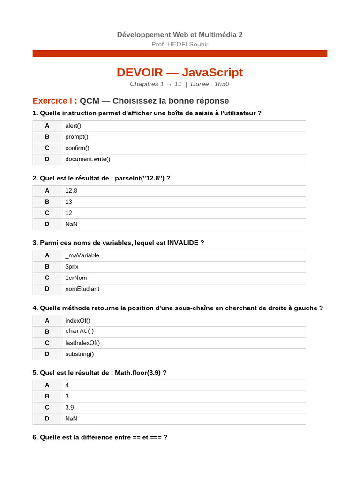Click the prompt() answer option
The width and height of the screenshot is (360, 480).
[77, 137]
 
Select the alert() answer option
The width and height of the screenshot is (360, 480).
[73, 126]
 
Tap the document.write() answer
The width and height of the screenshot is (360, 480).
[88, 159]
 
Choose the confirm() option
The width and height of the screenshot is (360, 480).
[77, 148]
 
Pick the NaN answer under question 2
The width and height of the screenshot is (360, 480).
[71, 224]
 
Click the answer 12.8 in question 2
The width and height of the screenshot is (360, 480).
[71, 191]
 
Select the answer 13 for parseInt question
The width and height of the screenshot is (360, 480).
[69, 202]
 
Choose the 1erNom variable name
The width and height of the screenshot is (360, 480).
[76, 278]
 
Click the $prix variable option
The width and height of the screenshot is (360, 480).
[72, 267]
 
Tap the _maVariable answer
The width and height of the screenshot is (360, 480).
[82, 255]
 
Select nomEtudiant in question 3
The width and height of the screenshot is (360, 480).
[82, 289]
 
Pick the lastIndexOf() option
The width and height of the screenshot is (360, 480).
[82, 343]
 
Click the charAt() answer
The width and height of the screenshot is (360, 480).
[80, 331]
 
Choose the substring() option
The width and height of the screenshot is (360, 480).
[80, 354]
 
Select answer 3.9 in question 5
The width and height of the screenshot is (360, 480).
[69, 408]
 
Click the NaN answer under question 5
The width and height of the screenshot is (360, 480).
[71, 419]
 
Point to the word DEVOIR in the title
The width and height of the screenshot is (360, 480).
[140, 73]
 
